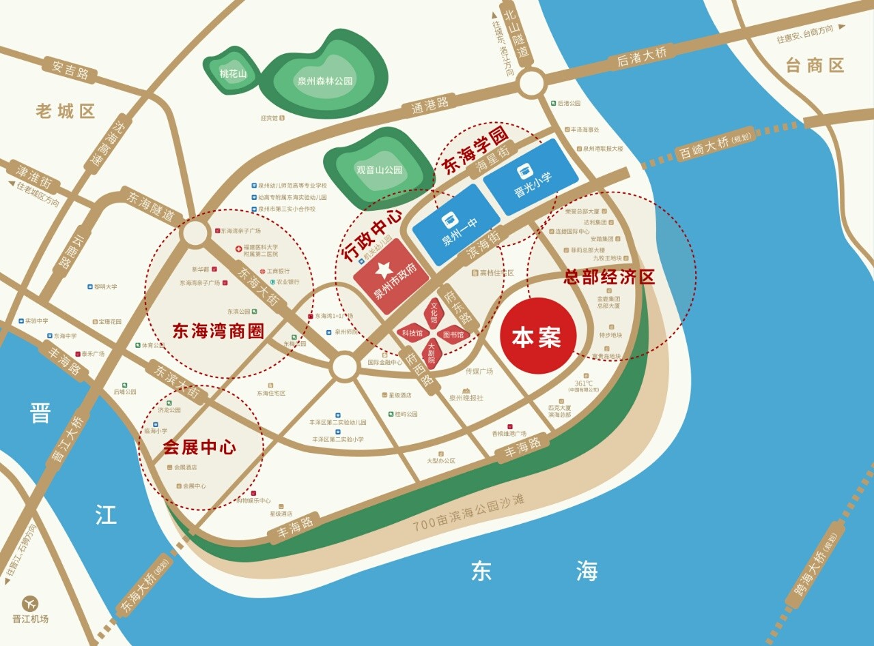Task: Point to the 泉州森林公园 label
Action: click(325, 80)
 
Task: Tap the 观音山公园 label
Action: click(380, 170)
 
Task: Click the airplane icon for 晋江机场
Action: click(30, 603)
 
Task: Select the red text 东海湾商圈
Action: click(218, 332)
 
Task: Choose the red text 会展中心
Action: click(199, 447)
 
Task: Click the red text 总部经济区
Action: click(608, 276)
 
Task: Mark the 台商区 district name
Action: click(815, 66)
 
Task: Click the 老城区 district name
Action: click(66, 111)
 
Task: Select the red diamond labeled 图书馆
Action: click(453, 335)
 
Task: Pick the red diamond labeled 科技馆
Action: click(412, 334)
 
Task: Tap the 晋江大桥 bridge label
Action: click(68, 441)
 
